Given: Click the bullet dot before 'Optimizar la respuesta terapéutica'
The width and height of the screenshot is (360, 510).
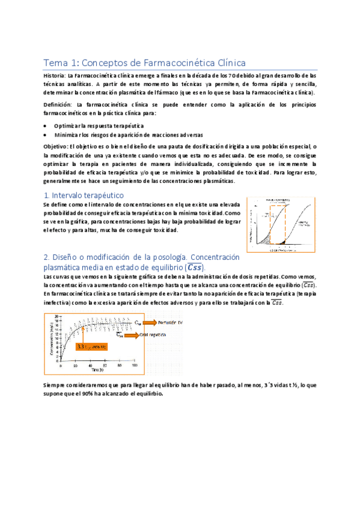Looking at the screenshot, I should [46, 125].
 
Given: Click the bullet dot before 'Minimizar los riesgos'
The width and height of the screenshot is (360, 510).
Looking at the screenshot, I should [46, 135].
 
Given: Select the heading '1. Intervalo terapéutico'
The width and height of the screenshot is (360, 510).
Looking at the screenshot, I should [84, 195].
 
